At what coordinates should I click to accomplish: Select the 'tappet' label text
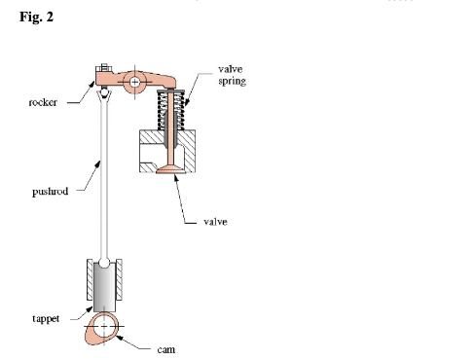click(43, 318)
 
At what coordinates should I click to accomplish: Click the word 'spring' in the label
click(231, 82)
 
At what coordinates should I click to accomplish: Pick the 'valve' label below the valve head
click(216, 222)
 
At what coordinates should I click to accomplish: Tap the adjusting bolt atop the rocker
click(102, 69)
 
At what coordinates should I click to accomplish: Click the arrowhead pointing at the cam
click(121, 336)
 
